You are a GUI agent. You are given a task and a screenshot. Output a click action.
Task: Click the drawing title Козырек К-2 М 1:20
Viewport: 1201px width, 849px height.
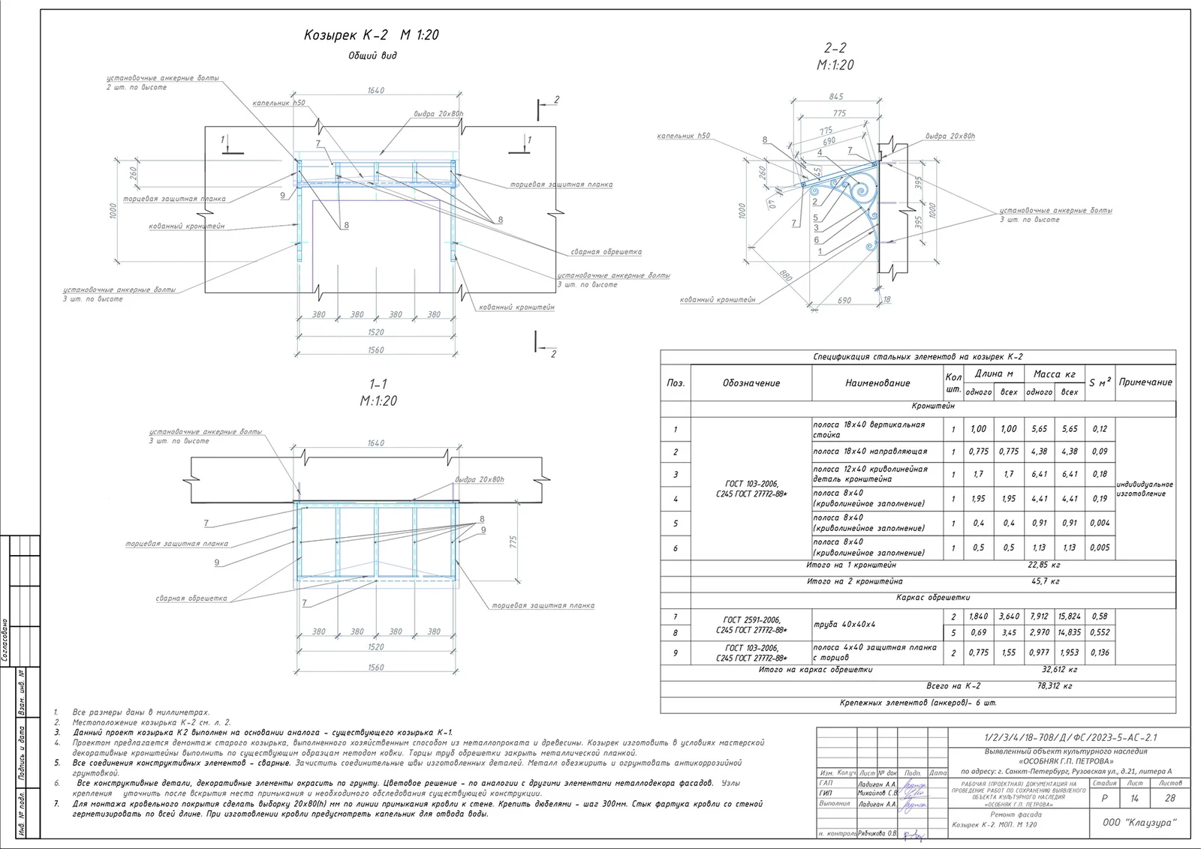[x=371, y=35]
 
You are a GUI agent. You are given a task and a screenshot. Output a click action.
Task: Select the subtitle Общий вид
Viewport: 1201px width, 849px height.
[x=372, y=55]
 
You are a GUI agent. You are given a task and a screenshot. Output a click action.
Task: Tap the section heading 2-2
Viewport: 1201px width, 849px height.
[x=835, y=48]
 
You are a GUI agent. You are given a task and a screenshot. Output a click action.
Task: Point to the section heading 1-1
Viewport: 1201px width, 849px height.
[x=378, y=384]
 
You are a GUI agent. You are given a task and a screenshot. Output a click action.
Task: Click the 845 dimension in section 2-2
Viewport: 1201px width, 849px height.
[x=835, y=96]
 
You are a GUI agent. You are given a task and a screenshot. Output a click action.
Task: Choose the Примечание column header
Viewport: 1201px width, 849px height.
[x=1145, y=382]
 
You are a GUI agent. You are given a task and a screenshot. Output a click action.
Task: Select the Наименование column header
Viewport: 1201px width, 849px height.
[x=877, y=383]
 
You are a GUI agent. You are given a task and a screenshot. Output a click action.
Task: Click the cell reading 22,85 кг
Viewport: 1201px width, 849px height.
[x=1044, y=565]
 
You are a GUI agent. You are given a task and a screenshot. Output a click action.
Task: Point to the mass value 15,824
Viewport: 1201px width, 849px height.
[x=1069, y=616]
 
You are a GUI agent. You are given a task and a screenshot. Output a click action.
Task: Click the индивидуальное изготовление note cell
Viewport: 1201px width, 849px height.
[x=1144, y=489]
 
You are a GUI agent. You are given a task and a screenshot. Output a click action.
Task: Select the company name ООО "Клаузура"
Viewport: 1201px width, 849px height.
[x=1139, y=823]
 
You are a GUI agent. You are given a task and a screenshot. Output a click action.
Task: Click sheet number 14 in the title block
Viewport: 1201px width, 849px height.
[x=1134, y=799]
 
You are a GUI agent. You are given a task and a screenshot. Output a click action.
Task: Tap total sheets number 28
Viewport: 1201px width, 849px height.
[x=1169, y=799]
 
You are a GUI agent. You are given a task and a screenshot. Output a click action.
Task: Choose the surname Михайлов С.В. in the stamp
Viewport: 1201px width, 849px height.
[x=877, y=793]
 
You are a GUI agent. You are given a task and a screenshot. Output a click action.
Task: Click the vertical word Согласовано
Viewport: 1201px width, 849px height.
[x=5, y=641]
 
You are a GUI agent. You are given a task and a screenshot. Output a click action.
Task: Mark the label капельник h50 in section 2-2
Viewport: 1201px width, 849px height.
[x=683, y=136]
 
